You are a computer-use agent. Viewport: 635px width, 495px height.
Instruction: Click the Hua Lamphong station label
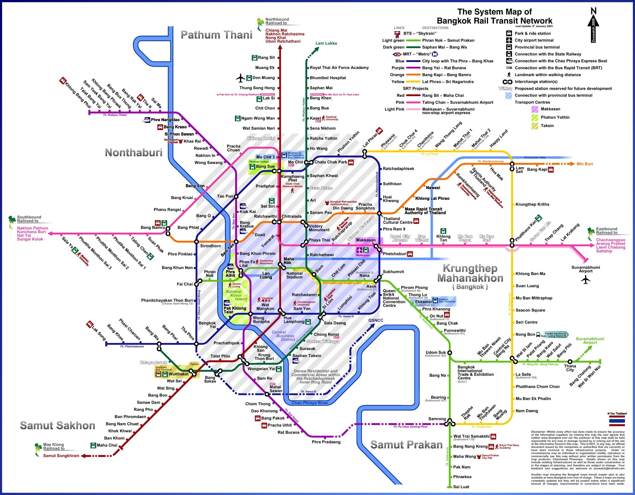coord(294,320)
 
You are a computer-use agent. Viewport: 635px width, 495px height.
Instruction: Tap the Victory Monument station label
coord(319,228)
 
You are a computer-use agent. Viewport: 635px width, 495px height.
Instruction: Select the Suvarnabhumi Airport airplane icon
coord(586,280)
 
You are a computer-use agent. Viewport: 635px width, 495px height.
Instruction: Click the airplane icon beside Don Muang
coord(240,78)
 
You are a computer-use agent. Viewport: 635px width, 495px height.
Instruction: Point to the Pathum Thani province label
coord(216,35)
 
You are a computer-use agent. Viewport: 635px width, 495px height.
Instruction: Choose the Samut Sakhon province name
coord(58,426)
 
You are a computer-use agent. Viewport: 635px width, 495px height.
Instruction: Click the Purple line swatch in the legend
coord(413,68)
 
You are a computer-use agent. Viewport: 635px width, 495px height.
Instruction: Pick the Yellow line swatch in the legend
coord(413,82)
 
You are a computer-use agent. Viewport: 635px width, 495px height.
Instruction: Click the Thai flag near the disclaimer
coord(617,421)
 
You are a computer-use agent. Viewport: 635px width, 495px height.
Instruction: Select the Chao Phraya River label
coord(310,403)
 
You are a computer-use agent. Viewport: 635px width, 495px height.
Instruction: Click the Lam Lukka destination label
coord(326,43)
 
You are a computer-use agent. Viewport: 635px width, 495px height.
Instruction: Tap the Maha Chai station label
coord(107,445)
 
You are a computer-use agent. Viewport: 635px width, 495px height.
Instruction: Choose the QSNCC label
coord(376,320)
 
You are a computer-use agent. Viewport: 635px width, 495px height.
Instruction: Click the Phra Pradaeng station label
coord(326,442)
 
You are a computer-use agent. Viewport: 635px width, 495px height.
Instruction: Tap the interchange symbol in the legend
coord(507,82)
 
